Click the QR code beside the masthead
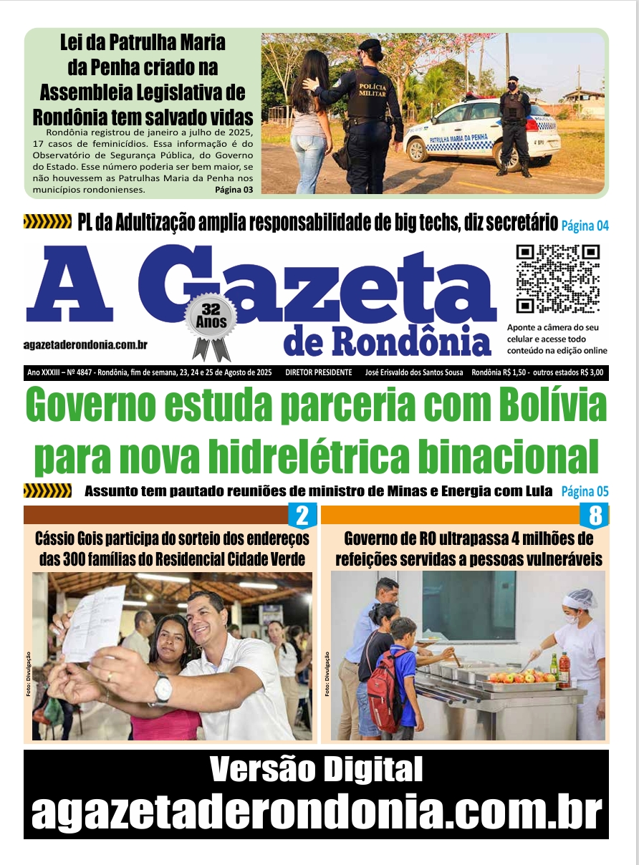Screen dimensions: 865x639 point(558,279)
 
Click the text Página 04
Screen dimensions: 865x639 point(585,226)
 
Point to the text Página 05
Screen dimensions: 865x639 point(585,491)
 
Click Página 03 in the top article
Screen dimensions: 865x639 point(234,190)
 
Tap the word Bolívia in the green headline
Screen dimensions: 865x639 point(549,406)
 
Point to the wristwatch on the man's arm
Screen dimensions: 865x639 point(163,688)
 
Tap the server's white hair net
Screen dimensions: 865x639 point(580,598)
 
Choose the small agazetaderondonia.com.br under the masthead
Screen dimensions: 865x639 point(85,345)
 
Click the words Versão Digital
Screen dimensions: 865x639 point(316,770)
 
